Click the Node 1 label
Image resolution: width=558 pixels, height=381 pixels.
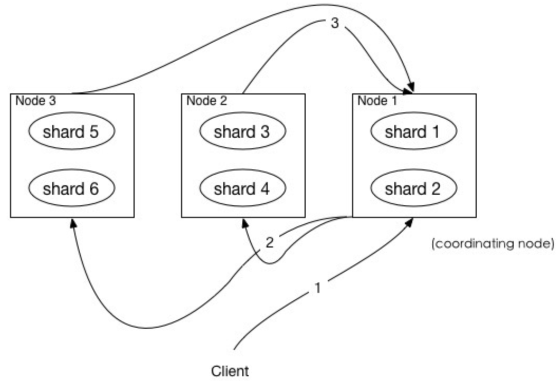(x=377, y=101)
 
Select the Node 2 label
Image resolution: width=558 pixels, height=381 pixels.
(x=207, y=101)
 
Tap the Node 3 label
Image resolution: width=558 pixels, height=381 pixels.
(x=35, y=101)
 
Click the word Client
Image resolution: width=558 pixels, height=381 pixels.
(x=230, y=371)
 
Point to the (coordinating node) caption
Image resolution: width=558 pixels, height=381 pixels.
(x=493, y=244)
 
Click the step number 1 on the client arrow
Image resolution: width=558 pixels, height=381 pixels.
(x=318, y=288)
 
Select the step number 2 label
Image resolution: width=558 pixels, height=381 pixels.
(x=270, y=243)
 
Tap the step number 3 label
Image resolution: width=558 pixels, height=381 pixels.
(x=335, y=23)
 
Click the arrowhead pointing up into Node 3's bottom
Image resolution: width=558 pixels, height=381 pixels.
(x=73, y=223)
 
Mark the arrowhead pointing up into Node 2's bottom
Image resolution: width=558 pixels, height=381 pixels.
(x=245, y=223)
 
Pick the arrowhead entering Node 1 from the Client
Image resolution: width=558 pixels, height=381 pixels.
(x=409, y=222)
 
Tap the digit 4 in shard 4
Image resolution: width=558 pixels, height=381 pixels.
(x=265, y=188)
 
